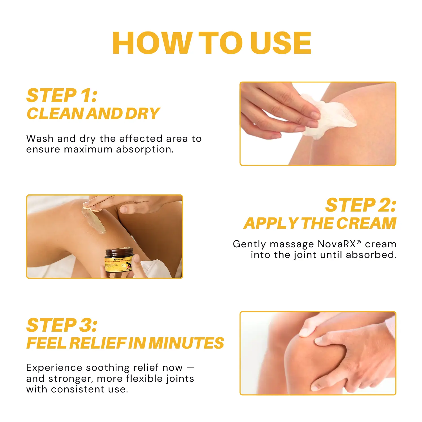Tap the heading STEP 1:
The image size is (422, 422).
[x=62, y=95]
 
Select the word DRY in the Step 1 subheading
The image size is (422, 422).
[x=142, y=114]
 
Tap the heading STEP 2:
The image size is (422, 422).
[x=361, y=205]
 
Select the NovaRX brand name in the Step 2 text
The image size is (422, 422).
[x=336, y=244]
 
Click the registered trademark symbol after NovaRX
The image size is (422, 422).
[x=359, y=242]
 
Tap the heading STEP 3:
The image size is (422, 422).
[x=62, y=325]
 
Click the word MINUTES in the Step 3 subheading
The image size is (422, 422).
[x=186, y=343]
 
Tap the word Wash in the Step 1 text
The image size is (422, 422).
[x=40, y=139]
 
